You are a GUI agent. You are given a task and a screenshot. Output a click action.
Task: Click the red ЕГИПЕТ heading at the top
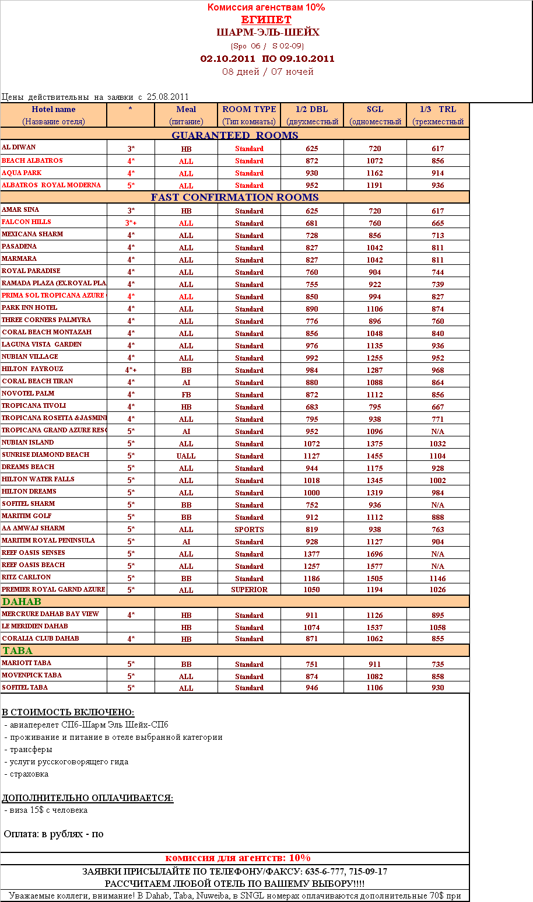[x=266, y=20]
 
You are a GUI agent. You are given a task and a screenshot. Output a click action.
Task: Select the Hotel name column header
[x=53, y=109]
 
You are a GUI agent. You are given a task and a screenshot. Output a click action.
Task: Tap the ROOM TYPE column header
[x=249, y=109]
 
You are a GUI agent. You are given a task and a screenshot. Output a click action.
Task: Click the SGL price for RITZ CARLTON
[x=375, y=579]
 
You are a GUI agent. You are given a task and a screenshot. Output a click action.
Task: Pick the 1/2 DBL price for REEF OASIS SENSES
[x=312, y=554]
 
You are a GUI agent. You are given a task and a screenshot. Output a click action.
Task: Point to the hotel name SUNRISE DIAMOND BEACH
[x=45, y=455]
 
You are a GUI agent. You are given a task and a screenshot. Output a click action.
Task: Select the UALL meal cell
[x=186, y=456]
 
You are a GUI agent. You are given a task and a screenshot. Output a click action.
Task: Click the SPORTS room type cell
[x=249, y=530]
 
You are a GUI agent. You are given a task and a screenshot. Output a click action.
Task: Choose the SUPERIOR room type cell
[x=249, y=590]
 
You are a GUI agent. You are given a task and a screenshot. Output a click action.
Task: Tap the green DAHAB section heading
[x=22, y=602]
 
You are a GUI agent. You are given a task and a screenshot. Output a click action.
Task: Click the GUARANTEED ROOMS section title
[x=234, y=135]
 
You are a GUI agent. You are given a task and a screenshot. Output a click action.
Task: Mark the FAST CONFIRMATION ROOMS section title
[x=234, y=197]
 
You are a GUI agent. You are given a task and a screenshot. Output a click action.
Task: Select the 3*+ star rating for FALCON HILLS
[x=131, y=223]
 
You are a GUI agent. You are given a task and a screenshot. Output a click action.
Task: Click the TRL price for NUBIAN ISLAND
[x=438, y=444]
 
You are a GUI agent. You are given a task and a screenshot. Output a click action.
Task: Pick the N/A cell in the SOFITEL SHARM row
[x=438, y=505]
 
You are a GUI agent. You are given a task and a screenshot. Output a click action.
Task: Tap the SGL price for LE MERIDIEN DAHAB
[x=375, y=628]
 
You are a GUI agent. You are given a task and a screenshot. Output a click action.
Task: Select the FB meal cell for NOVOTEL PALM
[x=186, y=395]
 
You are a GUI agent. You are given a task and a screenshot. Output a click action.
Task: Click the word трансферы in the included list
[x=31, y=750]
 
